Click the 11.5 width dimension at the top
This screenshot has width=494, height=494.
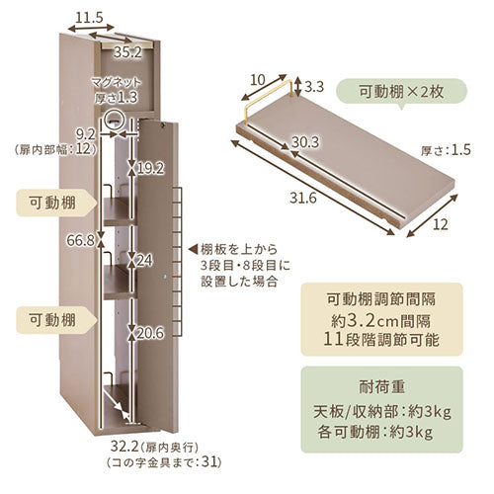89,18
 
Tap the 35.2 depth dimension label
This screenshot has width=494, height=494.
127,52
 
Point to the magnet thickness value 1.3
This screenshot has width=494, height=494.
126,98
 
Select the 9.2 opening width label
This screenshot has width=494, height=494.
86,134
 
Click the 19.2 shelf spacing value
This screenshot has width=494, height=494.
150,169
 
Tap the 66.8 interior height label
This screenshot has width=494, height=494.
80,240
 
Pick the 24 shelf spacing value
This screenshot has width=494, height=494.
144,261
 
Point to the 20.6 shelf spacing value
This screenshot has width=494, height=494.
150,333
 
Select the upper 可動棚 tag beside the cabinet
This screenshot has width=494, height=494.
56,203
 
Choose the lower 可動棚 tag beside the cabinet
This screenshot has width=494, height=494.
56,320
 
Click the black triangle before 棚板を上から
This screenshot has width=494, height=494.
194,249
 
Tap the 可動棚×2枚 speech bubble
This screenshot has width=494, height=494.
401,93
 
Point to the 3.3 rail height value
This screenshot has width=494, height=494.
314,87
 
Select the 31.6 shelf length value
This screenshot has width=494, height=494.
303,198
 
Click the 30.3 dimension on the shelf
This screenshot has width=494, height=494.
305,142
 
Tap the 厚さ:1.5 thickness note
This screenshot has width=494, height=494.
446,150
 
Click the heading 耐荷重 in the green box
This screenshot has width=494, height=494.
382,386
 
